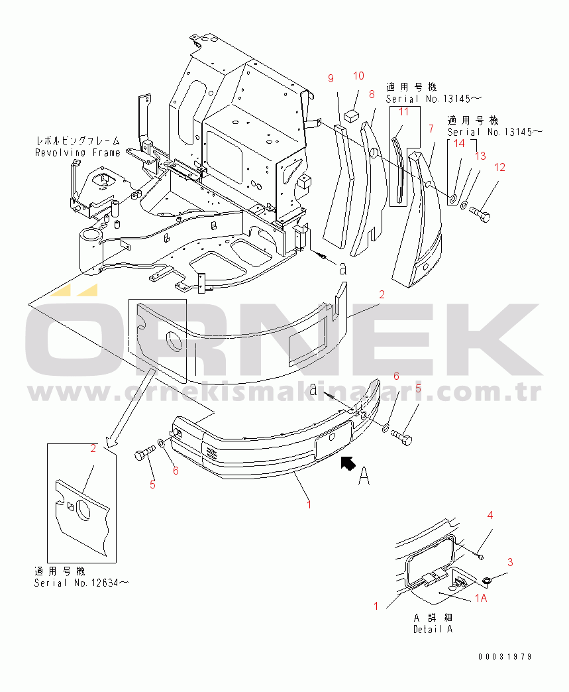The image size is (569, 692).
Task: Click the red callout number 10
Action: point(358,76)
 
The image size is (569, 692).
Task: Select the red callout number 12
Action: point(499,167)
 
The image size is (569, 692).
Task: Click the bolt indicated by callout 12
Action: point(480,215)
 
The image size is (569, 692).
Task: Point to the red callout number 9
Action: point(331,79)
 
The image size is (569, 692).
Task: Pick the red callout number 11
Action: point(404,112)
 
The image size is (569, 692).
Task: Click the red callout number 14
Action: point(460,143)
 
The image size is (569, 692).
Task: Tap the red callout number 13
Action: point(480,156)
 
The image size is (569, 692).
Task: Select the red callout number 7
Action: point(431,129)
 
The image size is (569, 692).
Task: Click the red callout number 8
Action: point(372,94)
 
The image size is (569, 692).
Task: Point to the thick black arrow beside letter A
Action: point(348,463)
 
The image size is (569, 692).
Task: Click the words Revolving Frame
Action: point(78,152)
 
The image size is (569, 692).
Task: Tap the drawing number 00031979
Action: point(505,657)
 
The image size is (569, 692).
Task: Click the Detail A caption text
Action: point(433,629)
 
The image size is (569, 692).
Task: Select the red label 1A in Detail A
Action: point(481,598)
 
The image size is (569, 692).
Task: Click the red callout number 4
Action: point(490,515)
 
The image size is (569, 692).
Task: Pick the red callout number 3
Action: point(510,562)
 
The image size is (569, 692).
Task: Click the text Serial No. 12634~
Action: point(82,583)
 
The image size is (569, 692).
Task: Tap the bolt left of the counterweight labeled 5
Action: point(144,453)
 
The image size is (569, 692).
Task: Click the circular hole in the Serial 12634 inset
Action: point(83,510)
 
